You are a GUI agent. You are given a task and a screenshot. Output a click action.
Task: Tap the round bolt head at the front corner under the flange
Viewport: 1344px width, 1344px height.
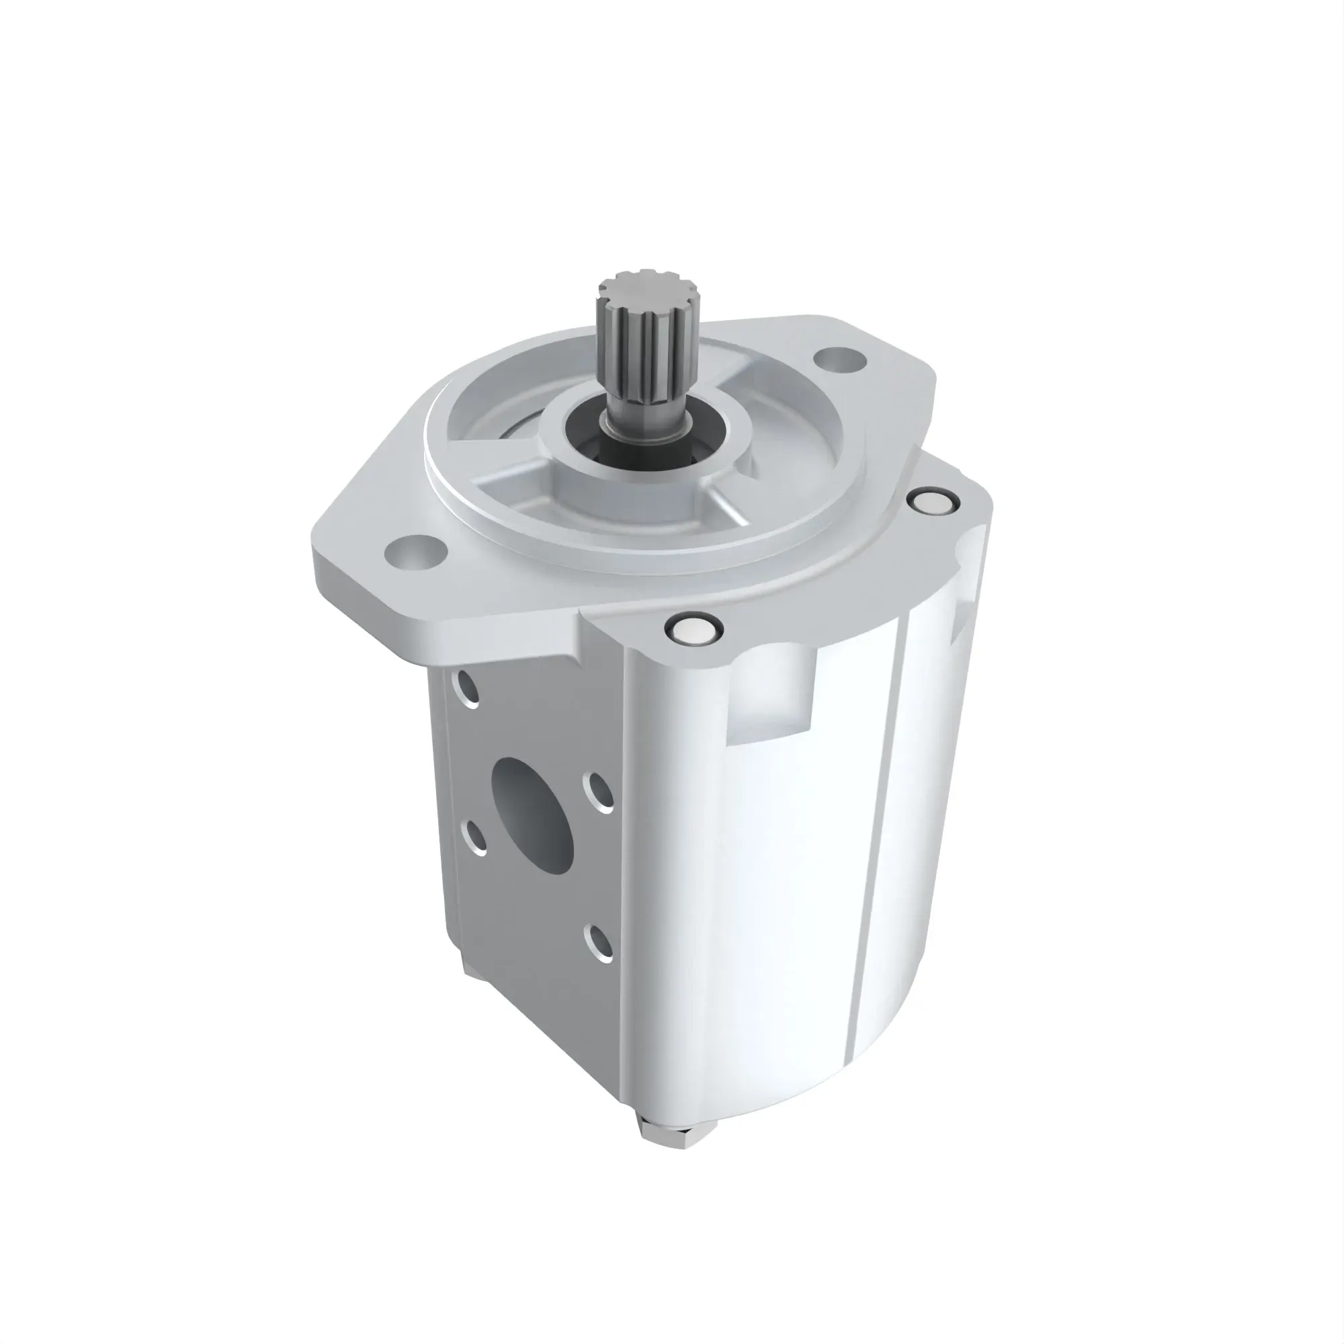click(x=694, y=630)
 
